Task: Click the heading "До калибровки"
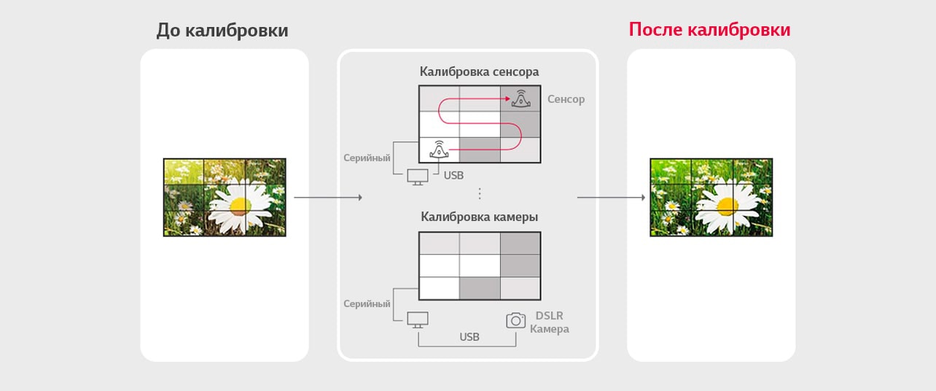(222, 31)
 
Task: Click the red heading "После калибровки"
(709, 30)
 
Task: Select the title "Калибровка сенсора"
(479, 71)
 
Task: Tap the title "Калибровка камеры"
(479, 217)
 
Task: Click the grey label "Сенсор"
(566, 99)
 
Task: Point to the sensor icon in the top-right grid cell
(520, 98)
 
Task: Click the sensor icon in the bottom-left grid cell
(439, 150)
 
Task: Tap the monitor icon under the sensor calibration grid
(418, 177)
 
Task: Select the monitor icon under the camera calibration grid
(418, 320)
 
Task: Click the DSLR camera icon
(515, 320)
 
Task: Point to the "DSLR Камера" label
(550, 322)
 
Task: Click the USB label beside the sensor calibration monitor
(453, 175)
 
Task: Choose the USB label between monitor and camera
(469, 336)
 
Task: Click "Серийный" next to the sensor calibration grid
(367, 158)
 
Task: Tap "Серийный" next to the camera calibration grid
(367, 304)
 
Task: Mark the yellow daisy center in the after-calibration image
(728, 205)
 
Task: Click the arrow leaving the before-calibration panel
(328, 198)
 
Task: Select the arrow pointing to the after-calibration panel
(612, 198)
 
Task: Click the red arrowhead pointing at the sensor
(507, 98)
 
